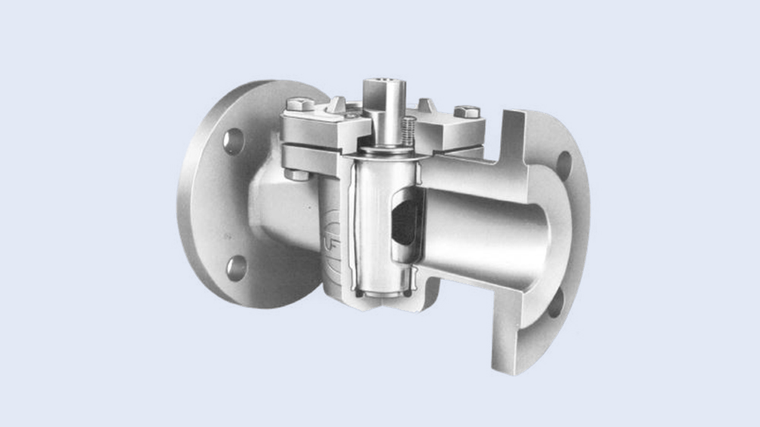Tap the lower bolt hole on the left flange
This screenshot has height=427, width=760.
tap(236, 267)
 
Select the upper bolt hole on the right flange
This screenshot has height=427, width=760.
tap(563, 164)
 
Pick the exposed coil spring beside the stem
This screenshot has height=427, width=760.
tap(408, 129)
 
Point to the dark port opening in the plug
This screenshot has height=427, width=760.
tap(403, 219)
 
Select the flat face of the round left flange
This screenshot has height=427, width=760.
tap(209, 205)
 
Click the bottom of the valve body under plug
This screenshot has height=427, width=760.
tap(372, 304)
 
